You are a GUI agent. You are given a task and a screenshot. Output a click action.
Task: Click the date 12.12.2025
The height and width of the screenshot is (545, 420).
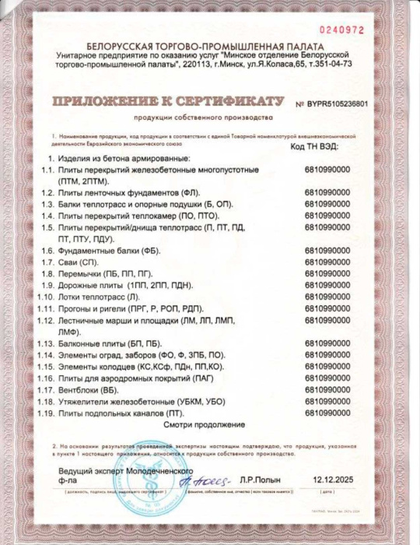[334, 480]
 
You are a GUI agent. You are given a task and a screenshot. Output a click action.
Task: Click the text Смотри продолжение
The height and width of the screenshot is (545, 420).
[205, 424]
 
